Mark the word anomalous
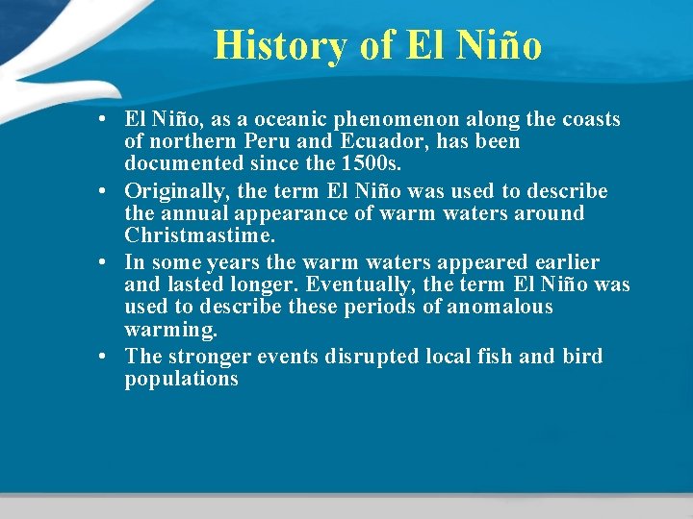501,308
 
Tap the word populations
182,380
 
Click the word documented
182,165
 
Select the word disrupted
374,356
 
